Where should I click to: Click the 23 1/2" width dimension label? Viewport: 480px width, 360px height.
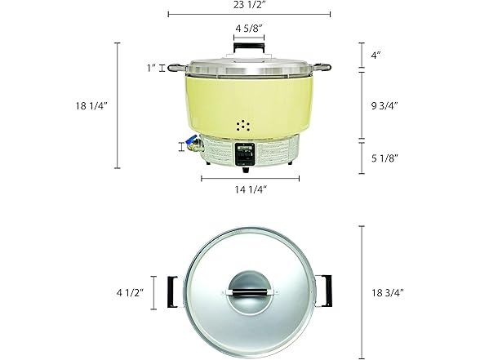coord(249,6)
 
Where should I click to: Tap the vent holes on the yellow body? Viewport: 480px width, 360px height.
coord(243,126)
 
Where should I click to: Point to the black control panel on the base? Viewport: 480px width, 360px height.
coord(245,153)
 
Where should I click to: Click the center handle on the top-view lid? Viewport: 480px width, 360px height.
coord(249,289)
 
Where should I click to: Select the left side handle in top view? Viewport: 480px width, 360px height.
coord(172,289)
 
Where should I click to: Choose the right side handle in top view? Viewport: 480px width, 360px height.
coord(326,289)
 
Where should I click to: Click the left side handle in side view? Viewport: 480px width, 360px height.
coord(174,69)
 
